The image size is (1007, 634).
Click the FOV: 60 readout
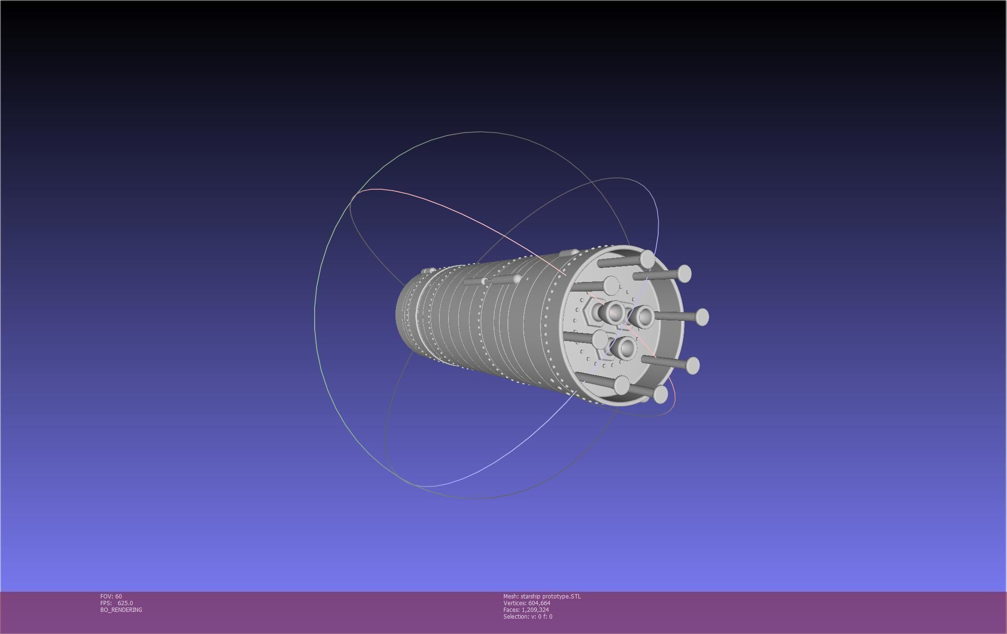click(111, 596)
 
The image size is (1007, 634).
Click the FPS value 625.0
click(125, 603)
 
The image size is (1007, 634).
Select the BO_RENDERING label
click(121, 610)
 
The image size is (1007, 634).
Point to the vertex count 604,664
click(539, 603)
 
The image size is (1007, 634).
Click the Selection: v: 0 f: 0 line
click(528, 616)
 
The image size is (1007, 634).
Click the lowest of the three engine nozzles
click(626, 348)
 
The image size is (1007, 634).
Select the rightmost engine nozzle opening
click(644, 317)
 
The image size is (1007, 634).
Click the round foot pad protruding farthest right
click(702, 317)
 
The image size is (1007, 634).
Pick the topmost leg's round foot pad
click(647, 259)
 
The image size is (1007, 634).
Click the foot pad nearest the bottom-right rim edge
click(661, 394)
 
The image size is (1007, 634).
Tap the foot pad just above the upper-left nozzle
click(611, 285)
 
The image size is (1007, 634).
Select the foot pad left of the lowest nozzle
click(600, 340)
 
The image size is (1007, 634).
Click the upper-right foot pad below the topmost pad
click(684, 274)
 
